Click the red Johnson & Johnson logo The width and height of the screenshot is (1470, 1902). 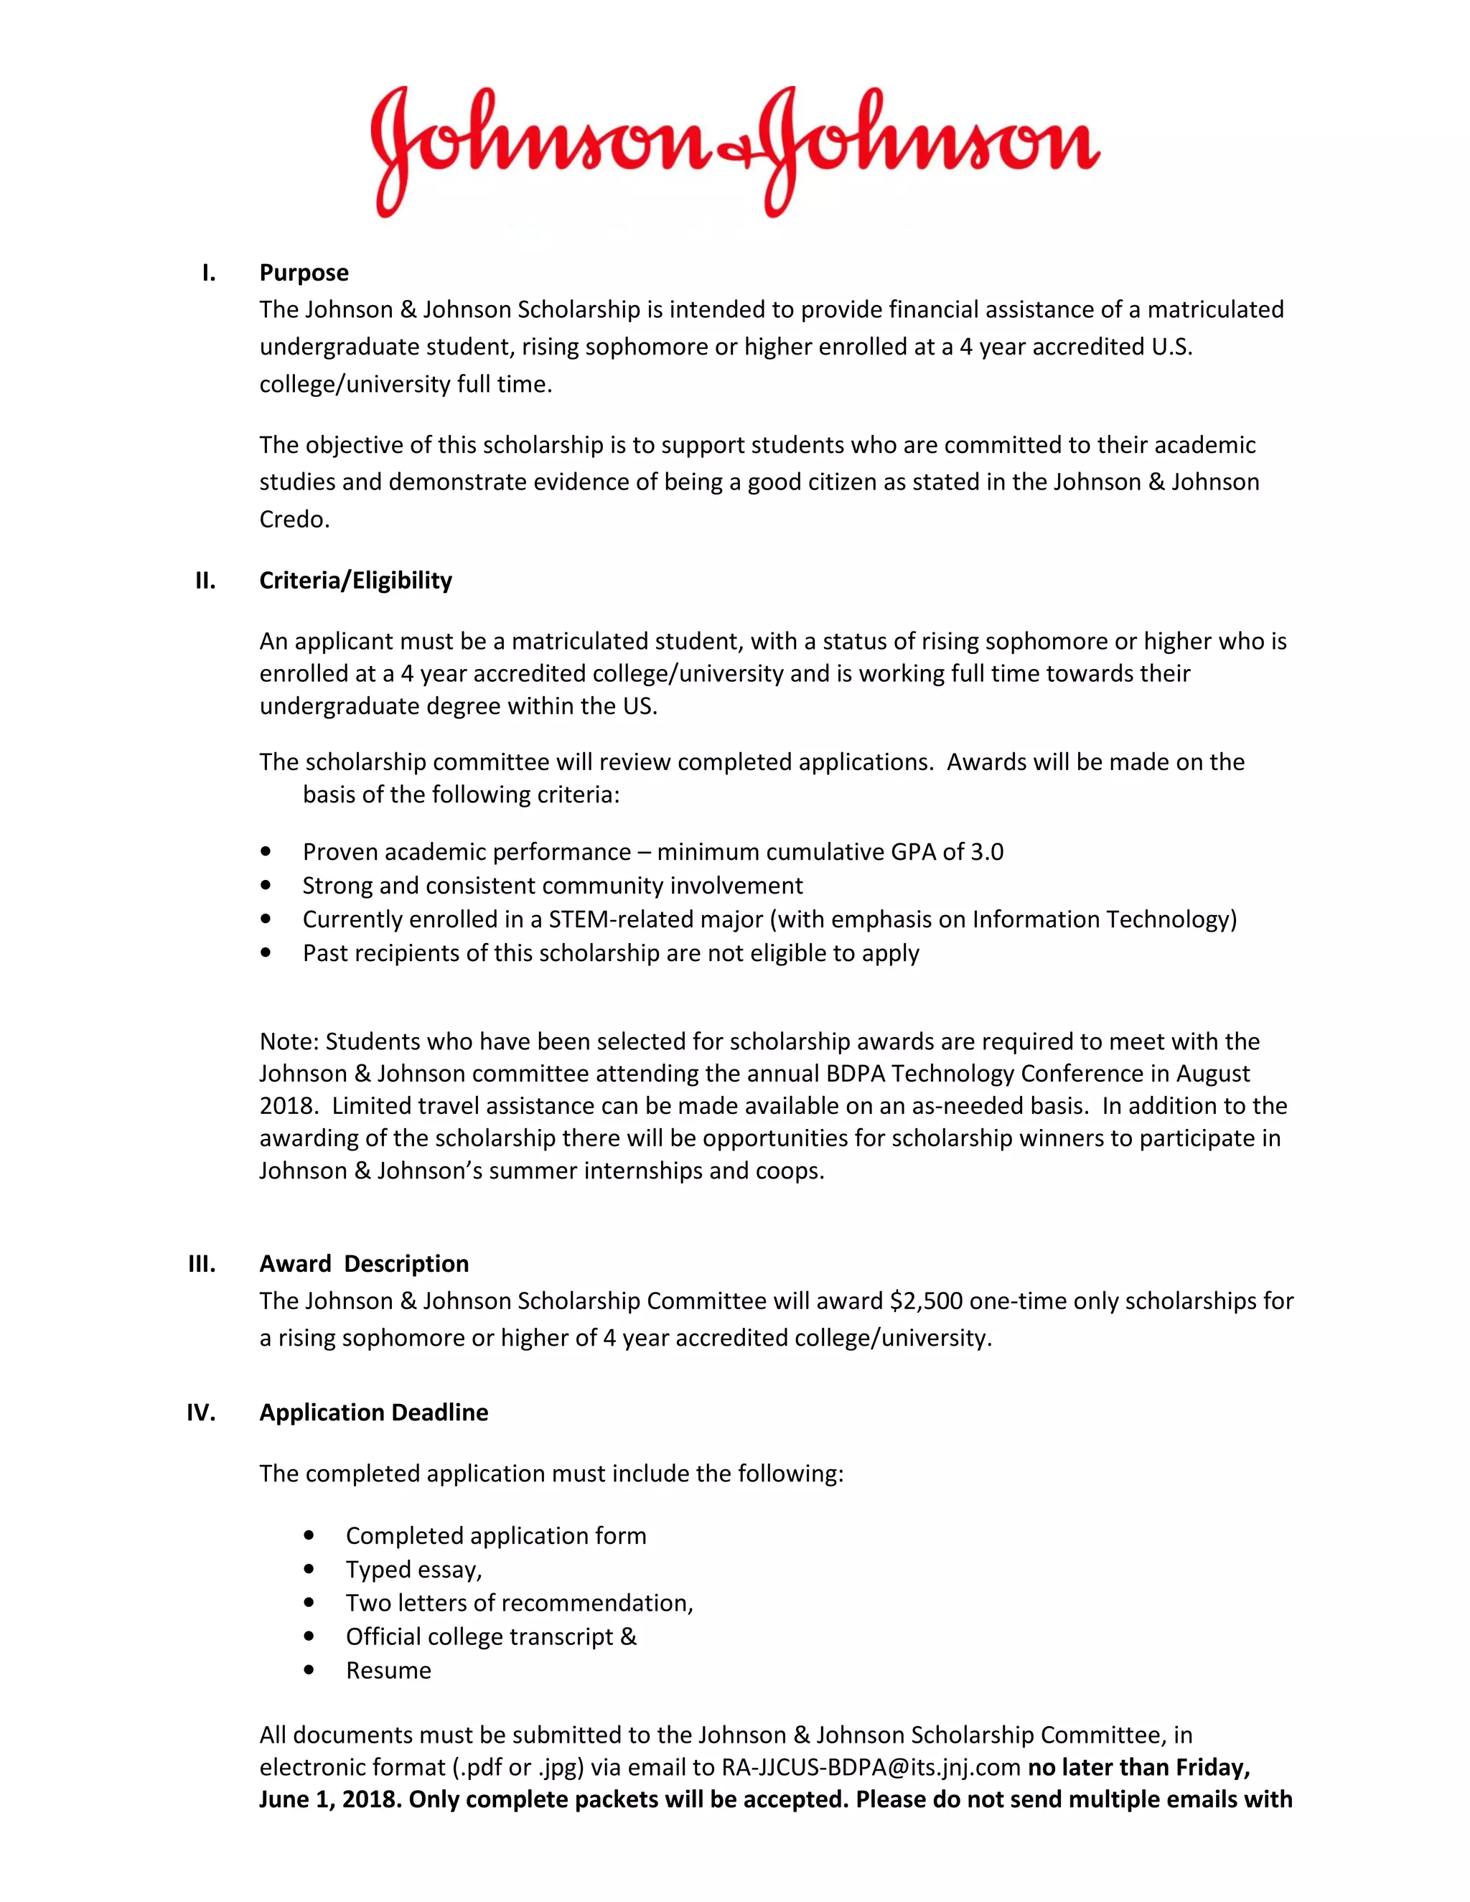pos(734,150)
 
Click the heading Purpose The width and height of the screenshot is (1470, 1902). pos(304,273)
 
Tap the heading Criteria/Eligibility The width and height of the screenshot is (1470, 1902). pos(355,580)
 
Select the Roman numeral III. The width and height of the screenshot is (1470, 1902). pos(202,1264)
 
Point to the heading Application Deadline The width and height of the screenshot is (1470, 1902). pos(373,1412)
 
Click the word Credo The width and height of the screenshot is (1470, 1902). pos(293,519)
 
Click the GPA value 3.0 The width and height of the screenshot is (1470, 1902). pos(987,852)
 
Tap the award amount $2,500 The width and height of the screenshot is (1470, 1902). pos(926,1301)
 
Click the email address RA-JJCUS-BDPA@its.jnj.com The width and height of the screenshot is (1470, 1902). pos(870,1767)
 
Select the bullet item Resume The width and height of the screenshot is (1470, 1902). pos(388,1670)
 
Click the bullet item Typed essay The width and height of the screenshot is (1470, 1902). pos(413,1569)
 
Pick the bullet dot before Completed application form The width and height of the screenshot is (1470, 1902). pos(309,1535)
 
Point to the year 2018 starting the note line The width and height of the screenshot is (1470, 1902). pos(286,1106)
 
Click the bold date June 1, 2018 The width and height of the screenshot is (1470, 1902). pos(327,1799)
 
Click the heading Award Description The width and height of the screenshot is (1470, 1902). pos(364,1264)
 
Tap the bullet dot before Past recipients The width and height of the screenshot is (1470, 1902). pos(266,952)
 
